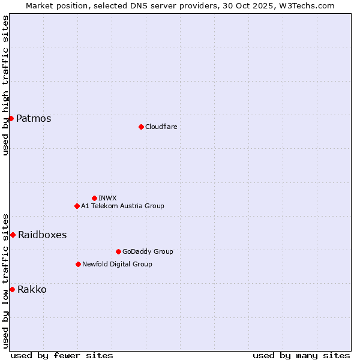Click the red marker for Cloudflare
[141, 127]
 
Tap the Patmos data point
[11, 118]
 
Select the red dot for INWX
[94, 198]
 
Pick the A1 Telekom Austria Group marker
[77, 206]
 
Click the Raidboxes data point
[13, 235]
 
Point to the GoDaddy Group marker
[118, 251]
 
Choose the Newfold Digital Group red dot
[78, 264]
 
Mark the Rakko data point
[12, 289]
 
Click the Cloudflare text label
[161, 127]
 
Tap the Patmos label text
[34, 118]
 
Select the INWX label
[107, 198]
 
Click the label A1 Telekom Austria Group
[122, 206]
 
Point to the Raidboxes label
[42, 235]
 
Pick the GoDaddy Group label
[148, 251]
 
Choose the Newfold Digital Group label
[117, 264]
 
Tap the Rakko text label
[32, 289]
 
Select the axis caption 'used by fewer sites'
[62, 355]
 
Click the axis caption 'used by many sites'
[301, 355]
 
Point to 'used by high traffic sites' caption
[5, 85]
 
